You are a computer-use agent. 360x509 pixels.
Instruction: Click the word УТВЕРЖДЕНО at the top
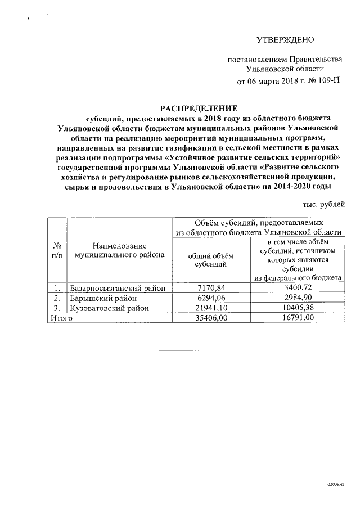click(x=284, y=40)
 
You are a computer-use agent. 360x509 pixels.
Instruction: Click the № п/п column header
click(x=56, y=250)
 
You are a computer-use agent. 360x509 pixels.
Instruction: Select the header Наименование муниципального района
click(x=120, y=250)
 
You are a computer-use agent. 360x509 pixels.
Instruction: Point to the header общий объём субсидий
click(x=210, y=259)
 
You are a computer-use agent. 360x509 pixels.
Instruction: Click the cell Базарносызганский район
click(x=118, y=289)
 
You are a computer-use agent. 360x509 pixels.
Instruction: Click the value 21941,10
click(x=210, y=308)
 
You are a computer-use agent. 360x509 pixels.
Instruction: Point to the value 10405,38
click(x=298, y=308)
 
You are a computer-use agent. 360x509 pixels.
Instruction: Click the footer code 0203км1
click(x=336, y=484)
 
